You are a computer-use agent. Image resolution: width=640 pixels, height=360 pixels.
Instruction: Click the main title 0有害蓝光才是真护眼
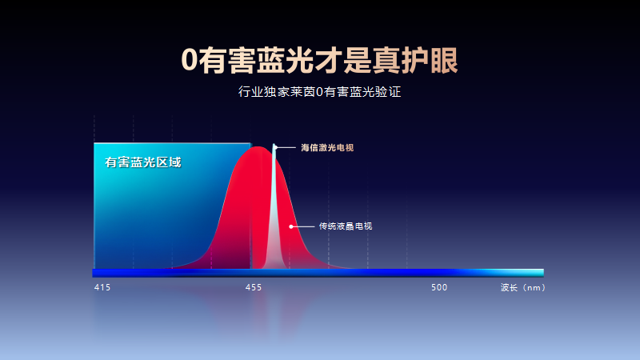click(x=319, y=61)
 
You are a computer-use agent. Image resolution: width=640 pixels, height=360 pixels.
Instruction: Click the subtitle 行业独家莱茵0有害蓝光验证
click(x=319, y=91)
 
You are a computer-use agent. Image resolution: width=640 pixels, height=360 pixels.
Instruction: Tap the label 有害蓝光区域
click(x=143, y=162)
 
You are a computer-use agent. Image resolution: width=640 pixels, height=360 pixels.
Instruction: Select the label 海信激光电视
click(x=327, y=147)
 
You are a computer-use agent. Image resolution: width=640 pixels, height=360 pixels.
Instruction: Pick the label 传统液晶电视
click(x=346, y=226)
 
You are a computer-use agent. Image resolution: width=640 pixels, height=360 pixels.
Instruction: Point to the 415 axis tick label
click(x=102, y=287)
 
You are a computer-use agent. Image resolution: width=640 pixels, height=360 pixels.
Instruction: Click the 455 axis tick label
click(x=254, y=287)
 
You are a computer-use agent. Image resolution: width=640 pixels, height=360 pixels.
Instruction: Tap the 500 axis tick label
click(x=439, y=287)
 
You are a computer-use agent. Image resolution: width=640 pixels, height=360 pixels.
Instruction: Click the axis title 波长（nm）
click(x=523, y=287)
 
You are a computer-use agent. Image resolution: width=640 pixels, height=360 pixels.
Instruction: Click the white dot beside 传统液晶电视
click(x=291, y=226)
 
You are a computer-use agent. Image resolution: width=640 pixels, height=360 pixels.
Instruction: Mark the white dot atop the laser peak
click(x=275, y=147)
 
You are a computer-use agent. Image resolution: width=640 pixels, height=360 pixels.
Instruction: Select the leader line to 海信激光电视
click(x=286, y=147)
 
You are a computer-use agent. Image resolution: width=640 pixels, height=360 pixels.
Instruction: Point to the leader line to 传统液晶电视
click(x=304, y=226)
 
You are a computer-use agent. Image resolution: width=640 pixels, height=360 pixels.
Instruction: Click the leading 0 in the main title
click(x=190, y=61)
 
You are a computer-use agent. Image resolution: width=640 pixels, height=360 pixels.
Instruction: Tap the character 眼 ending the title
click(x=444, y=61)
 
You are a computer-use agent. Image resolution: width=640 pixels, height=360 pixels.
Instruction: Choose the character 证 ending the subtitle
click(x=394, y=91)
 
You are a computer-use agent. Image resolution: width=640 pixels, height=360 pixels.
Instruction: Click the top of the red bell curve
click(x=257, y=147)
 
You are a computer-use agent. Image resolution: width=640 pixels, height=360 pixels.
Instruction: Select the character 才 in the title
click(x=328, y=61)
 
